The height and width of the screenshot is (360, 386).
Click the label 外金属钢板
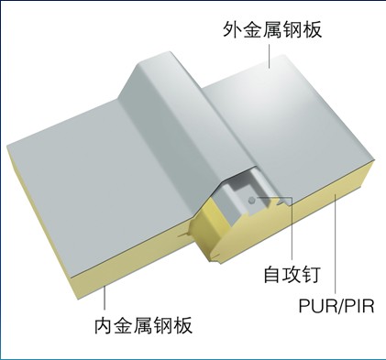point(272,29)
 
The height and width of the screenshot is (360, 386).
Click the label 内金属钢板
point(143,325)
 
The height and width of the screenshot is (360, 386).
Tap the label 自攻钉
point(292,274)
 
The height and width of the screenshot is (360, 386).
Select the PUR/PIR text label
point(336,306)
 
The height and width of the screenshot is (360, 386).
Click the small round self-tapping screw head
point(251,201)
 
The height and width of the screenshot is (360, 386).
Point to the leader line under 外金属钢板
point(270,56)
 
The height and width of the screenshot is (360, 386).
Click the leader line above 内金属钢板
point(105,298)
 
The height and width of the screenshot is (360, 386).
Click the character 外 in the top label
point(232,29)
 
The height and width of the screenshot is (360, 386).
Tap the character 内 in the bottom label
point(104,325)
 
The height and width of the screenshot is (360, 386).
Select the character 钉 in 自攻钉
point(311,274)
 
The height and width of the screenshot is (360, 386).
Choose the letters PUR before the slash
point(318,306)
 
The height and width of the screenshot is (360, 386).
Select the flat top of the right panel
point(287,122)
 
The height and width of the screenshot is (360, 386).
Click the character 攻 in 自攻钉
point(292,274)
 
